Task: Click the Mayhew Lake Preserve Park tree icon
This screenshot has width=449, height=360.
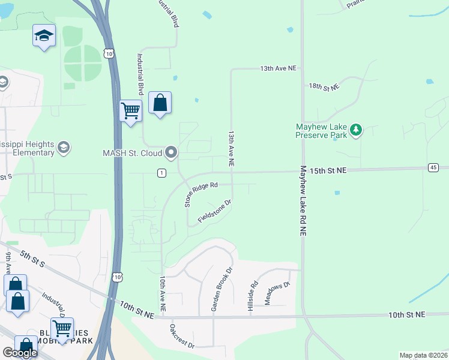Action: [357, 130]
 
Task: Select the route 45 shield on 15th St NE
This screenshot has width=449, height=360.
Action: [433, 167]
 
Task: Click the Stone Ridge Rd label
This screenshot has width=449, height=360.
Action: [200, 195]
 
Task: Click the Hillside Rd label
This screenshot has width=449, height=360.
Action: [252, 296]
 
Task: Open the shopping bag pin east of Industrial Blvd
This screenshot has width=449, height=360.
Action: [160, 103]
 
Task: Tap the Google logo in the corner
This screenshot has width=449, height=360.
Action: [20, 353]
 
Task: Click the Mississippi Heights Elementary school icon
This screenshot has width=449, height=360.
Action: [63, 147]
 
